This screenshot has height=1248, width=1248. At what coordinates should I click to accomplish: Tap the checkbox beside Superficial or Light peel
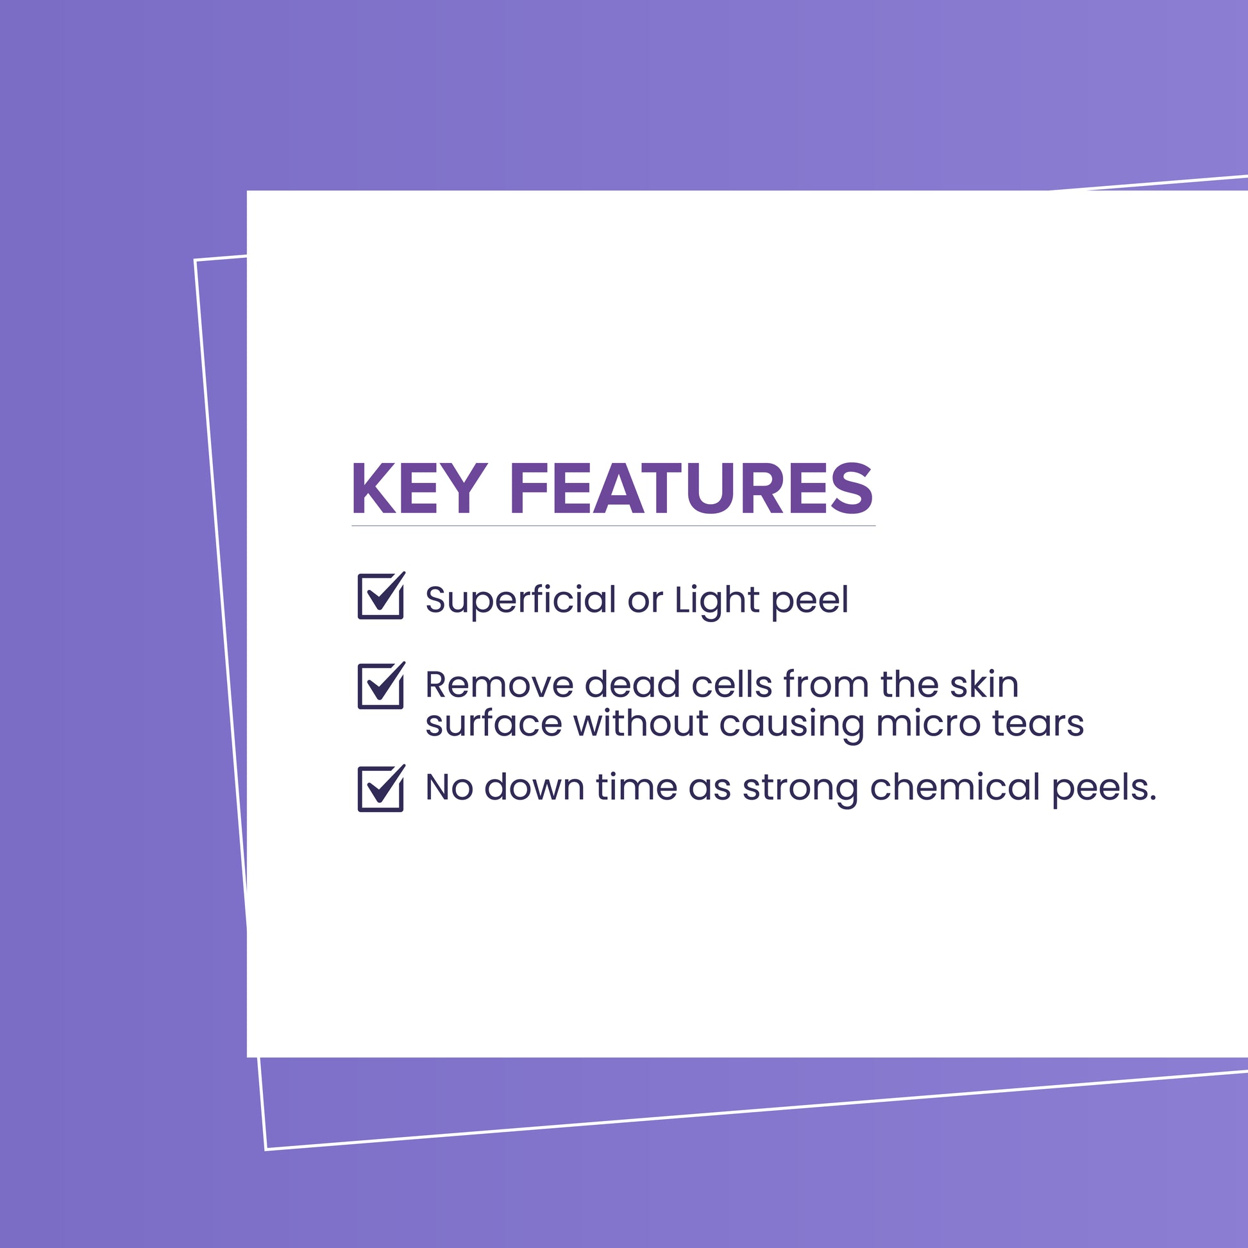381,596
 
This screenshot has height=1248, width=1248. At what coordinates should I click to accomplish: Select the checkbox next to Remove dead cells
381,685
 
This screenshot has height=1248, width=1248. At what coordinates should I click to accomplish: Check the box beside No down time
381,788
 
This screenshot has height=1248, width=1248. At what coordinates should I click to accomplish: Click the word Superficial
521,602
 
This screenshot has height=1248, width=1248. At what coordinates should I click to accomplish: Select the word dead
632,684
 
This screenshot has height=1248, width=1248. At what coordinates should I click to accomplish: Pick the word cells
732,684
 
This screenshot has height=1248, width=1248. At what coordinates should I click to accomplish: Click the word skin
984,684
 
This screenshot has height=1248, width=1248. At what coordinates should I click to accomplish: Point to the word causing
791,725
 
